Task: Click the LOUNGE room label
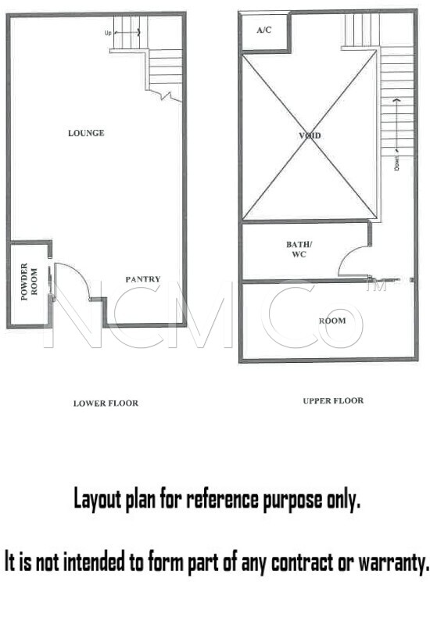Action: [86, 133]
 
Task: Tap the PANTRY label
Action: [143, 279]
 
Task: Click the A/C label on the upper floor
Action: [264, 30]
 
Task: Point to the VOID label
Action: [310, 135]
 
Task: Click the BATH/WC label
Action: [299, 249]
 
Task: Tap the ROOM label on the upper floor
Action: [332, 321]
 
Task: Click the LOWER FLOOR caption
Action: [106, 404]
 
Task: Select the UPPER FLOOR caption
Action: [333, 400]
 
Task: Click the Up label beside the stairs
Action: [108, 34]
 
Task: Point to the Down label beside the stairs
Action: [396, 163]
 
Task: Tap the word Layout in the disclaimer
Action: [97, 500]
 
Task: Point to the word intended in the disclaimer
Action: [94, 562]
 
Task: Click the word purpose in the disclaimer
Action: [292, 501]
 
